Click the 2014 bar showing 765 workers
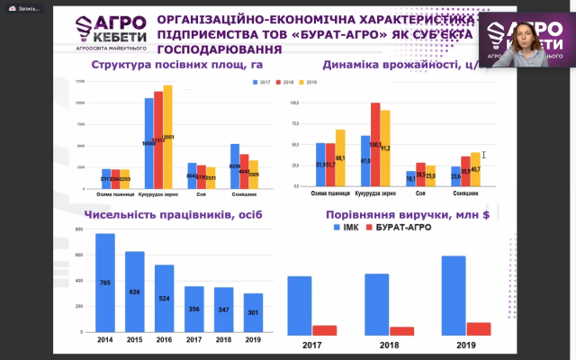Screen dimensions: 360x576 pos(105,283)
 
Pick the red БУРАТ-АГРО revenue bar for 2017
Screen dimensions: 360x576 pos(324,330)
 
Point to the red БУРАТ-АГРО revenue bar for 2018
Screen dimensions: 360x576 pos(402,331)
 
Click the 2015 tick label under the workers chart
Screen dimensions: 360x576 pos(135,341)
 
